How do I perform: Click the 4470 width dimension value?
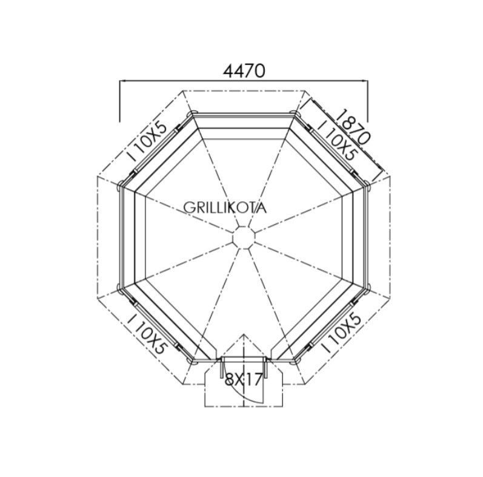tap(244, 70)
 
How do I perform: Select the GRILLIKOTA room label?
tap(225, 208)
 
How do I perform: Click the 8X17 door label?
tap(244, 379)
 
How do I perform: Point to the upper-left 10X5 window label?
tap(148, 141)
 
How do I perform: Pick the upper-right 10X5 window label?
tap(337, 141)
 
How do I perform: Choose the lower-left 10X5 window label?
tap(147, 334)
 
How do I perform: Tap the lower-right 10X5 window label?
tap(341, 333)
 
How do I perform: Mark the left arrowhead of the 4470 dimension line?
tap(122, 81)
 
